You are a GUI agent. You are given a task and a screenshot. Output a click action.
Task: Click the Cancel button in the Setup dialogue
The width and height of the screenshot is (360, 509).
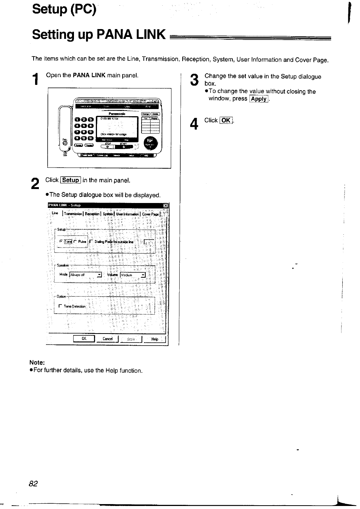pyautogui.click(x=108, y=339)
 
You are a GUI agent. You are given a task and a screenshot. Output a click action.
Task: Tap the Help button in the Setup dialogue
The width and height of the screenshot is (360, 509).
pyautogui.click(x=154, y=339)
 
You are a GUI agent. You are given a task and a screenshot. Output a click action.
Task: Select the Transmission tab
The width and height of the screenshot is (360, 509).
pyautogui.click(x=74, y=214)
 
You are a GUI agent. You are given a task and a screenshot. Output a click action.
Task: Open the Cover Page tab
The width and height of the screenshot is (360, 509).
pyautogui.click(x=150, y=214)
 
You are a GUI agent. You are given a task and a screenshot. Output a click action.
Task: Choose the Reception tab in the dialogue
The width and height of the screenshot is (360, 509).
pyautogui.click(x=92, y=214)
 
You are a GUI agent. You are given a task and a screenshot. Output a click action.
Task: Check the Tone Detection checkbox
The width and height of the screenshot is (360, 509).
pyautogui.click(x=60, y=306)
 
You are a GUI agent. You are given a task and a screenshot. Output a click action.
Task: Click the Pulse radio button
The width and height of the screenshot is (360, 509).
pyautogui.click(x=75, y=241)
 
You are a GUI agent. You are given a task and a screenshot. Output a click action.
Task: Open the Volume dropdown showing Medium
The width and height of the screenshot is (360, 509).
pyautogui.click(x=143, y=275)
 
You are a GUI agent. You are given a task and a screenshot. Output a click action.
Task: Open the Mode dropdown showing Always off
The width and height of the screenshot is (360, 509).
pyautogui.click(x=99, y=275)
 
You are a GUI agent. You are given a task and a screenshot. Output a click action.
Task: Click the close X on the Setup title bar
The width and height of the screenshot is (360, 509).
pyautogui.click(x=165, y=206)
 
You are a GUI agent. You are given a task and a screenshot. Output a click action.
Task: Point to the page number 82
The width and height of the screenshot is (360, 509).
pyautogui.click(x=33, y=484)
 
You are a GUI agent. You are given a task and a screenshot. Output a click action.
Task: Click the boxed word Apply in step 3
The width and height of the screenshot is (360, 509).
pyautogui.click(x=259, y=99)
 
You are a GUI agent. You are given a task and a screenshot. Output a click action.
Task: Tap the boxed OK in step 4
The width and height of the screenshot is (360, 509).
pyautogui.click(x=226, y=120)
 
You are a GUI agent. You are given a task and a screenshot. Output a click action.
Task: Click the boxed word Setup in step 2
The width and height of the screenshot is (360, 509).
pyautogui.click(x=71, y=180)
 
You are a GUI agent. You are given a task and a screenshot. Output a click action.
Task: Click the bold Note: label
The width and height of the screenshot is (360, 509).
pyautogui.click(x=37, y=363)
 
